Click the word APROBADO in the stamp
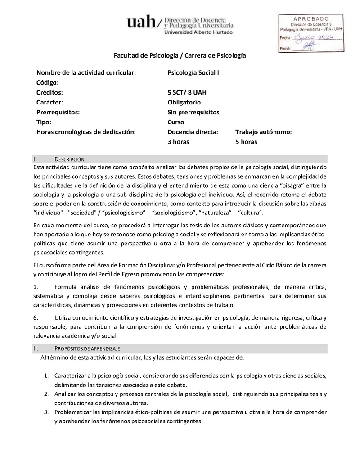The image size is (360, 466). (x=311, y=18)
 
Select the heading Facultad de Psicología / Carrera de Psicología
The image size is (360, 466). (x=180, y=55)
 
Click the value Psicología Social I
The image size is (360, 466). (x=193, y=72)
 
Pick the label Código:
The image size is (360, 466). (x=48, y=82)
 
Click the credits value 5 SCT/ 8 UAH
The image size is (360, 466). (x=187, y=92)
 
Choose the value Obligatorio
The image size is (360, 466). (x=184, y=102)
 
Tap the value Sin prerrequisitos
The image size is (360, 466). (x=193, y=112)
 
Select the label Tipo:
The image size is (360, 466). (x=44, y=122)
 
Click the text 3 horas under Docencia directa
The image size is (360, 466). (x=179, y=142)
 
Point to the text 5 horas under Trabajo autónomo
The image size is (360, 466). (x=246, y=142)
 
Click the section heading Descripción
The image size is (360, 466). (x=69, y=159)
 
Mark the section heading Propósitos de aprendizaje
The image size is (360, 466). (x=87, y=348)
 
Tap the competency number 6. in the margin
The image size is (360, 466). (x=36, y=317)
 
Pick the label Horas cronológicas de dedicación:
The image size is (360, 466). (x=86, y=132)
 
